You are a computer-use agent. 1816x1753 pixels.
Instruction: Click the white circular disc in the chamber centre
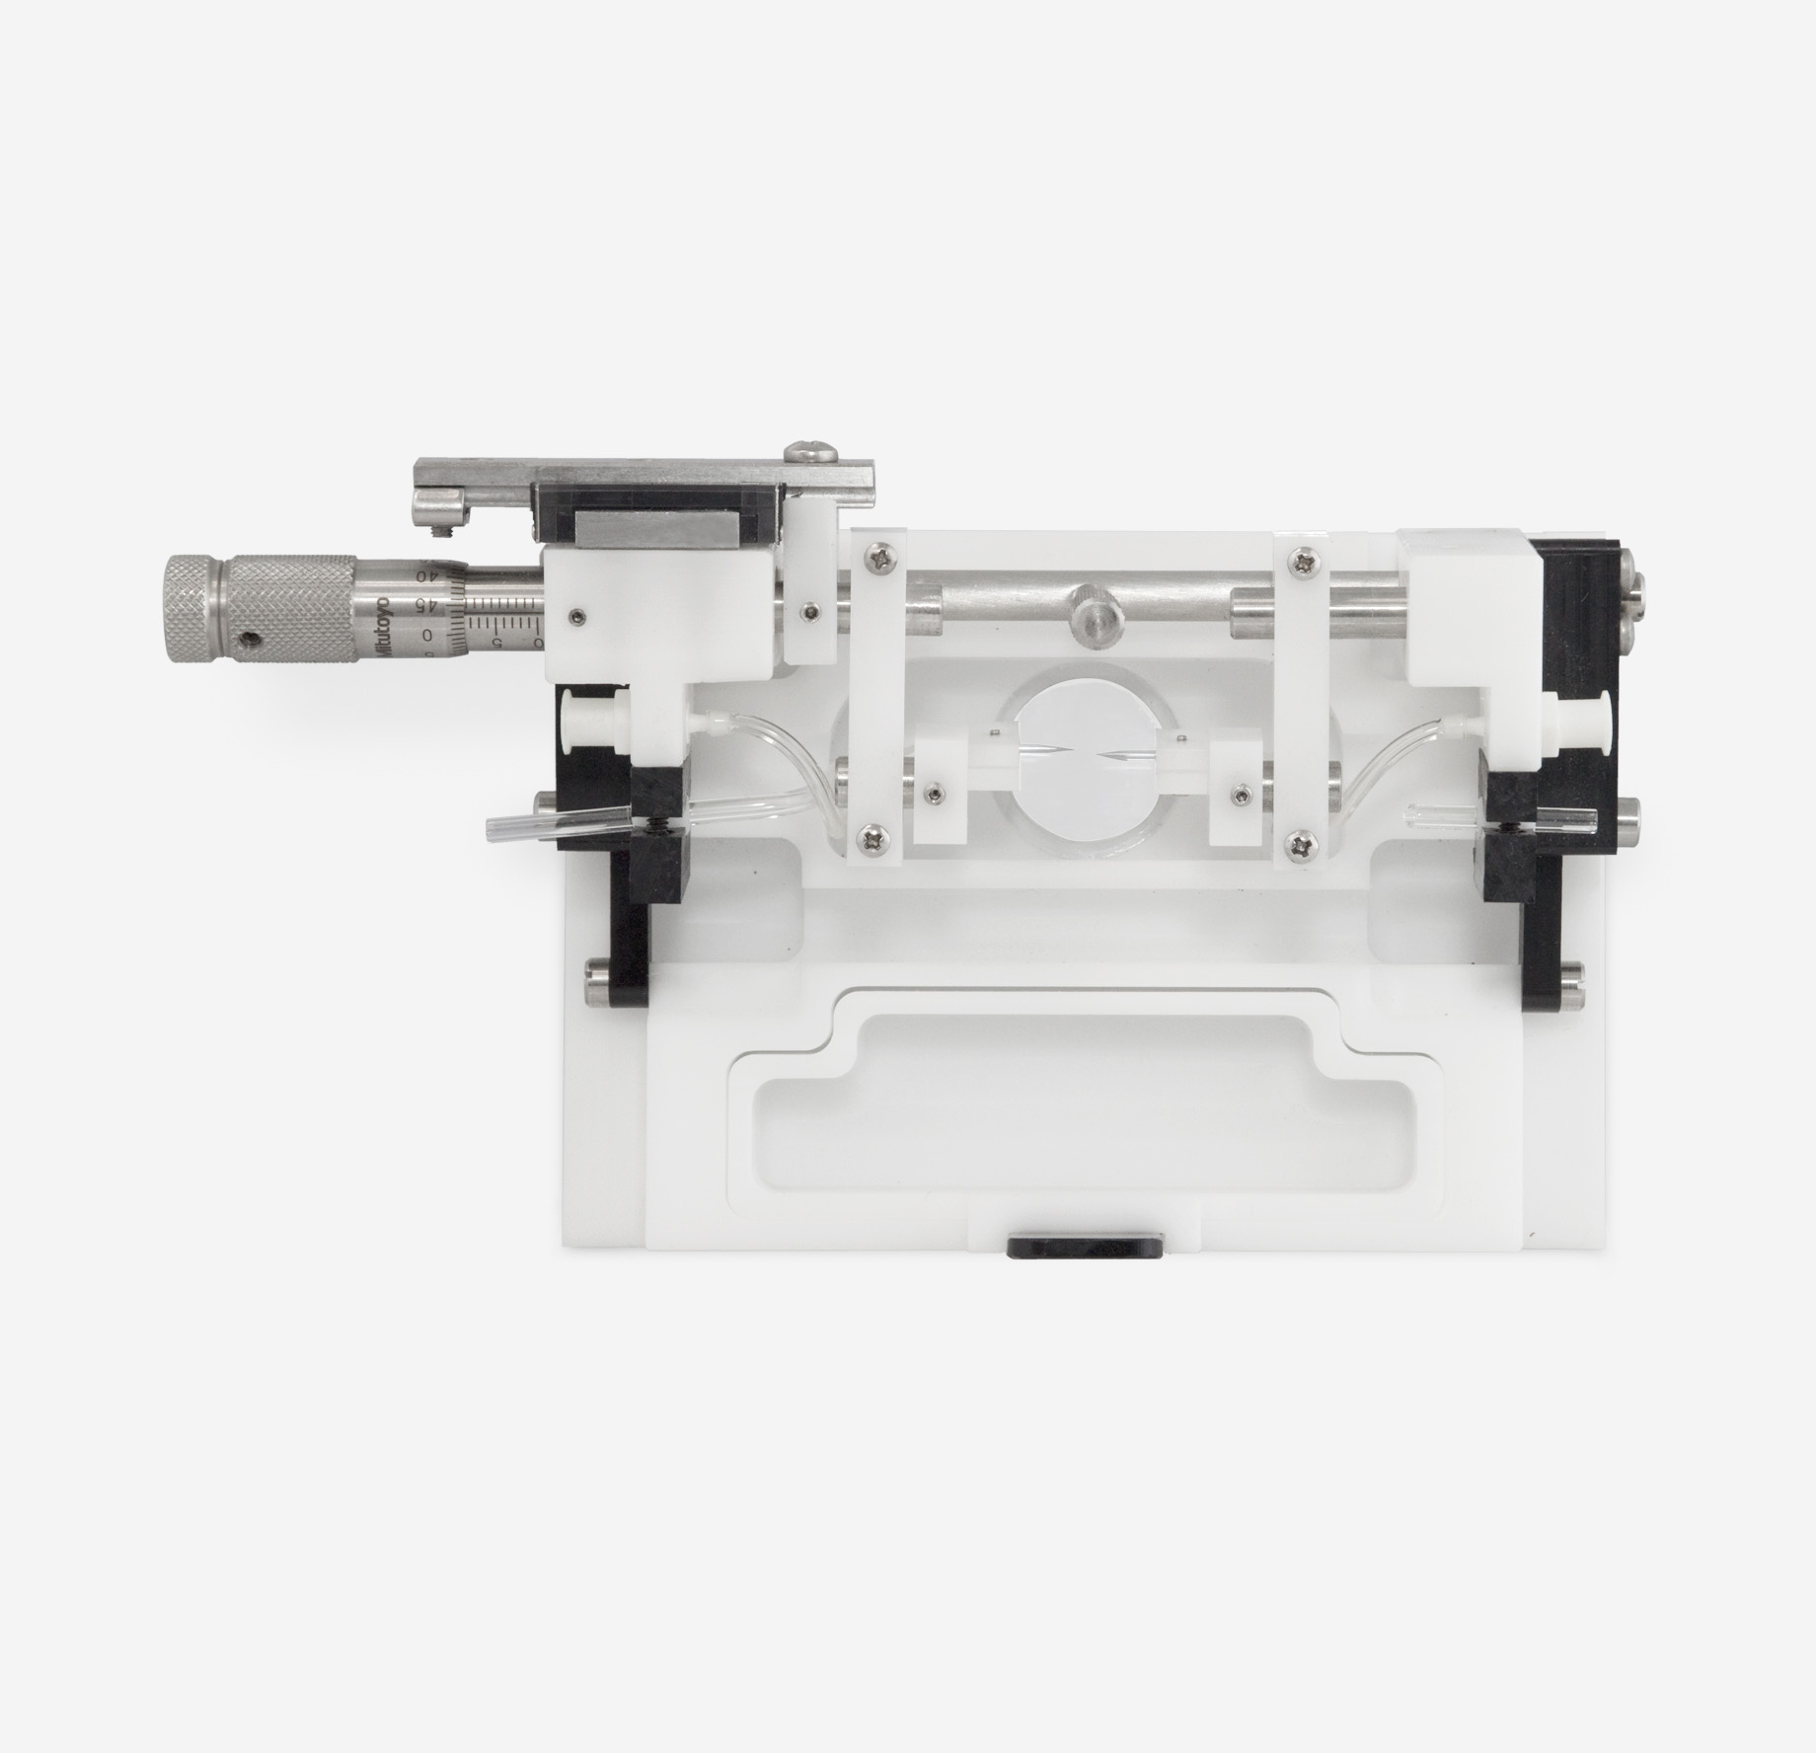coord(1084,756)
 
